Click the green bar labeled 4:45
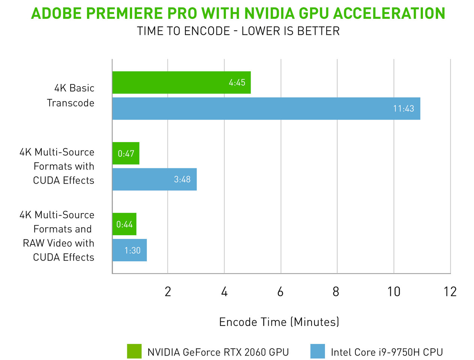[x=181, y=82]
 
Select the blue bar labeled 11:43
[x=266, y=109]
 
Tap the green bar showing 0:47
[x=126, y=153]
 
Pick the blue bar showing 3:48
[x=154, y=179]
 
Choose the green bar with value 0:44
[x=124, y=224]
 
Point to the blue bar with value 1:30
[x=129, y=250]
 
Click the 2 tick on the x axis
[x=168, y=291]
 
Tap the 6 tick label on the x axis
[x=280, y=291]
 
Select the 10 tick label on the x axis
[x=394, y=291]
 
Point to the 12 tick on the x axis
[x=450, y=291]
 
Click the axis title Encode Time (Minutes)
[x=279, y=322]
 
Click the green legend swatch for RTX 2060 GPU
[x=134, y=351]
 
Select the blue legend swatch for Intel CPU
[x=318, y=351]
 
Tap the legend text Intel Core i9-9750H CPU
[x=387, y=352]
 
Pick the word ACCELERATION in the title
[x=389, y=13]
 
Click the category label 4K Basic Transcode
[x=71, y=95]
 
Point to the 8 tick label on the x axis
[x=336, y=291]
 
